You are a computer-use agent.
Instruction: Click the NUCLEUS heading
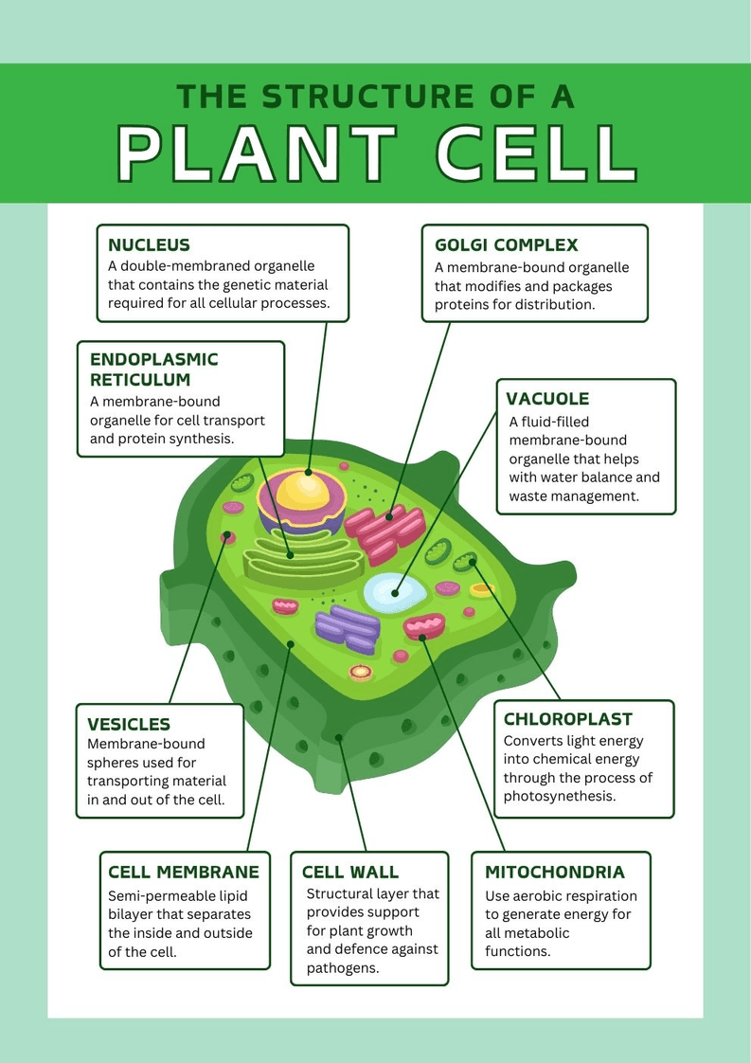tap(149, 245)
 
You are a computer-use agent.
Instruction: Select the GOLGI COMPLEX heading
tap(506, 245)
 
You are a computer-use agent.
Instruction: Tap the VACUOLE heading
tap(547, 399)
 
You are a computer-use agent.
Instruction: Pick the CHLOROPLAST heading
tap(567, 720)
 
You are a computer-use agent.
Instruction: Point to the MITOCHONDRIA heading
tap(555, 873)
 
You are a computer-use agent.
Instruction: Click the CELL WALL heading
tap(350, 873)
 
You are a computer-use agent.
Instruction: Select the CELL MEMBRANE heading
tap(183, 873)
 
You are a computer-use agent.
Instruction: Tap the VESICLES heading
tap(129, 725)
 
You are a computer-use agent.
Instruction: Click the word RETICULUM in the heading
tap(140, 380)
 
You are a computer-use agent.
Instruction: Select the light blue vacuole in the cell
tap(394, 592)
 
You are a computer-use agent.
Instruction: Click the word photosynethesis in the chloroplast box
tap(560, 796)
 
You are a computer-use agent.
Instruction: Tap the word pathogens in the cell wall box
tap(342, 968)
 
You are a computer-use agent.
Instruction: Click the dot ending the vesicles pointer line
tap(227, 535)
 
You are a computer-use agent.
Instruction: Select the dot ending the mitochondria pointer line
tap(423, 639)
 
